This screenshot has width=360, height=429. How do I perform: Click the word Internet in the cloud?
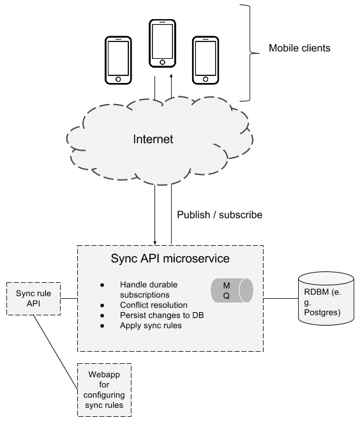[153, 139]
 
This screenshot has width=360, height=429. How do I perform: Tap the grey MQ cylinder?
[232, 290]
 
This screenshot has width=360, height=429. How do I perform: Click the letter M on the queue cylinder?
[226, 284]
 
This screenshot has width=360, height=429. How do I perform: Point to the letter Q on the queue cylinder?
[226, 296]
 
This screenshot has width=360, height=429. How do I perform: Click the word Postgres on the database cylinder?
[322, 312]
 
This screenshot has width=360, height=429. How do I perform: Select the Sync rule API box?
[33, 298]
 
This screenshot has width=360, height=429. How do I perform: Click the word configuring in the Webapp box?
[104, 395]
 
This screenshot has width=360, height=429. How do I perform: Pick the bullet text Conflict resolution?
[153, 305]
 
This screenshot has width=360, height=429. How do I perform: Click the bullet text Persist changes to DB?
[161, 315]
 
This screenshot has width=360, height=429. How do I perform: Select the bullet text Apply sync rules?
[151, 326]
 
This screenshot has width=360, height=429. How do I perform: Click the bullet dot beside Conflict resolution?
[102, 305]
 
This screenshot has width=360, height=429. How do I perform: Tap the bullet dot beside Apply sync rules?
[102, 326]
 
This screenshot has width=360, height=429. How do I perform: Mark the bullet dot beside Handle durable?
[102, 285]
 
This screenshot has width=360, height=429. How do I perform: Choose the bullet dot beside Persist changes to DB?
[102, 315]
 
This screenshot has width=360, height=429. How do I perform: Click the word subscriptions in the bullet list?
[144, 295]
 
